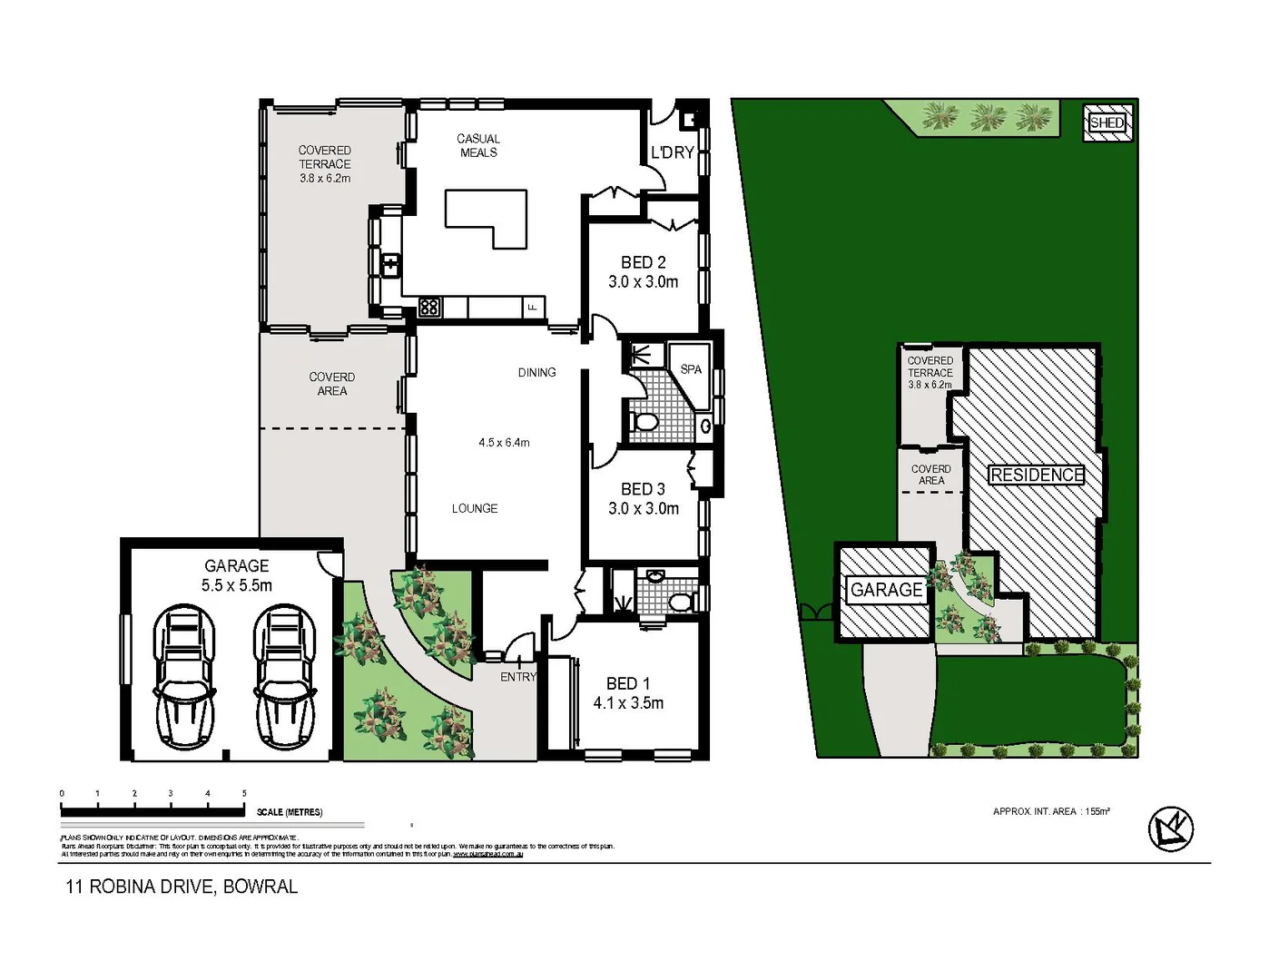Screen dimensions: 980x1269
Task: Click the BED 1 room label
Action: point(627,683)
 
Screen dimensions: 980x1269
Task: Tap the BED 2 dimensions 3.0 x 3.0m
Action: point(643,282)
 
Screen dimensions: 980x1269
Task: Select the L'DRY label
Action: point(672,152)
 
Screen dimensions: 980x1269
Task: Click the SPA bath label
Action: point(691,369)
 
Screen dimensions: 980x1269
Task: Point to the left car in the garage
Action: point(186,677)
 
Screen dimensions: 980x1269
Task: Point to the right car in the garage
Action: point(284,677)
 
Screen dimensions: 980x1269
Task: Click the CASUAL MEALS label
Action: point(478,145)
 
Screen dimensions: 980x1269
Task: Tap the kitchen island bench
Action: point(486,216)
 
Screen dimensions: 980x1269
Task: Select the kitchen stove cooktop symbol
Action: point(429,307)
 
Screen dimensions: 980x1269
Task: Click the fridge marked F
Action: point(533,307)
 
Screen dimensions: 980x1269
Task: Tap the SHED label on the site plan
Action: point(1107,122)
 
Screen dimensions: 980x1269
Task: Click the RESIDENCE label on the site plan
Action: point(1036,475)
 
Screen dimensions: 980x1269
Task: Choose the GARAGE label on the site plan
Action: point(886,590)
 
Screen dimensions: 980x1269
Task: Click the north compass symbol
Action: point(1170,828)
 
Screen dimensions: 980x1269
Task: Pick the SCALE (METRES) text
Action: point(290,812)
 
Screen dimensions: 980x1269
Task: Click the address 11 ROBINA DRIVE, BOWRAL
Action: point(182,887)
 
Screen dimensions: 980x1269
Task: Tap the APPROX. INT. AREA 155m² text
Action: point(1051,811)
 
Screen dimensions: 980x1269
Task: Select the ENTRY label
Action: point(517,677)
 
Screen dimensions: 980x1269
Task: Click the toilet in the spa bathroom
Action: point(644,422)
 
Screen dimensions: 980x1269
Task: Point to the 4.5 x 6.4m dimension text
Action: point(504,443)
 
